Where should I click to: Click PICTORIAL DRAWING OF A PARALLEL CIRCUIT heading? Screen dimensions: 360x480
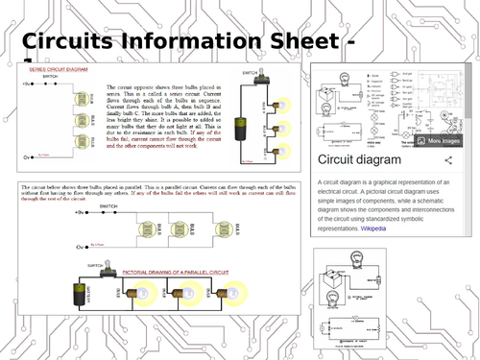pyautogui.click(x=188, y=272)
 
